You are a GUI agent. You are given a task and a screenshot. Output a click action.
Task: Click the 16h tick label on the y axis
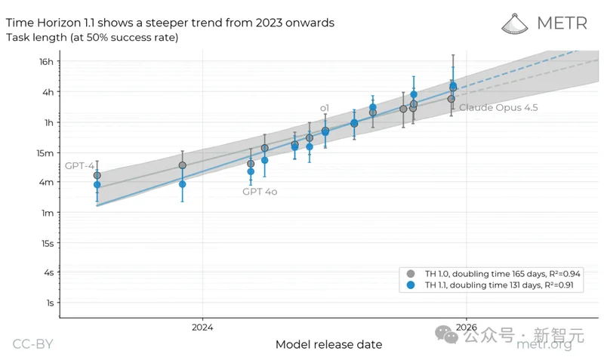coord(47,61)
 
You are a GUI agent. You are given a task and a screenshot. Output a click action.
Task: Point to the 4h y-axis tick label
coord(48,92)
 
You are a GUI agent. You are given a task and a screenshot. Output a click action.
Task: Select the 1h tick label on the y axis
coord(48,122)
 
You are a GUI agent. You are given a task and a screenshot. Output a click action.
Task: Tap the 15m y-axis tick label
coord(45,152)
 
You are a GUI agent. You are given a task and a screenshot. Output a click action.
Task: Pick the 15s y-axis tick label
coord(47,243)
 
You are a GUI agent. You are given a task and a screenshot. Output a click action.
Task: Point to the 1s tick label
coord(49,303)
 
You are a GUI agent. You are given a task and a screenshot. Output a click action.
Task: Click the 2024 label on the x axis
coord(202,328)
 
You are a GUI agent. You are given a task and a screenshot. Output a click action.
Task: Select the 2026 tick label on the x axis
coord(466,328)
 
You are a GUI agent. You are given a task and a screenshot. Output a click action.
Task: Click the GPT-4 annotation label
coord(79,165)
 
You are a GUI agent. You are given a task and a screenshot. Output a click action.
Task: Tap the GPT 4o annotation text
coord(259,192)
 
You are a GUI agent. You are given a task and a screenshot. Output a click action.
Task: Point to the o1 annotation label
coord(325,108)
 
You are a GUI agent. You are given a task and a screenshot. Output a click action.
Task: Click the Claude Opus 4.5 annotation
coord(498,108)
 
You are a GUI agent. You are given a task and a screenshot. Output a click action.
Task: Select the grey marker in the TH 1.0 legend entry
coord(410,273)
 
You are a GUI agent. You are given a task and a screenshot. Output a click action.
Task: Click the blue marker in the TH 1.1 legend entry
coord(410,285)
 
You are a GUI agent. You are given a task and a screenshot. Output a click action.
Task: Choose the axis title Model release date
coord(328,344)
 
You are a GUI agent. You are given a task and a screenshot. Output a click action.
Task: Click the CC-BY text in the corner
coord(32,344)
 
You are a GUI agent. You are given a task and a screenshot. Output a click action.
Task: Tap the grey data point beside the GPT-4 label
coord(97,175)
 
